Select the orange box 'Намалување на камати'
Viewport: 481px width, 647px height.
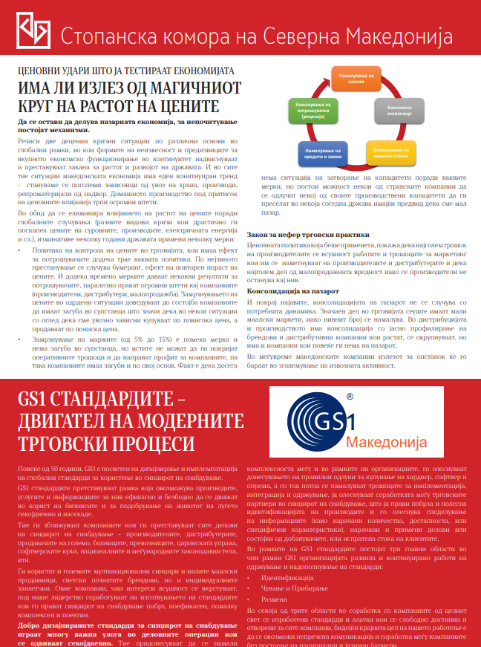click(x=356, y=79)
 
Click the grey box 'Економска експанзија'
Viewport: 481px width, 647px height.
click(x=405, y=111)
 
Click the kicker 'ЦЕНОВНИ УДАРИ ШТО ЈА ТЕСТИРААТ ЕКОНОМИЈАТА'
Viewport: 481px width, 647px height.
click(x=126, y=71)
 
